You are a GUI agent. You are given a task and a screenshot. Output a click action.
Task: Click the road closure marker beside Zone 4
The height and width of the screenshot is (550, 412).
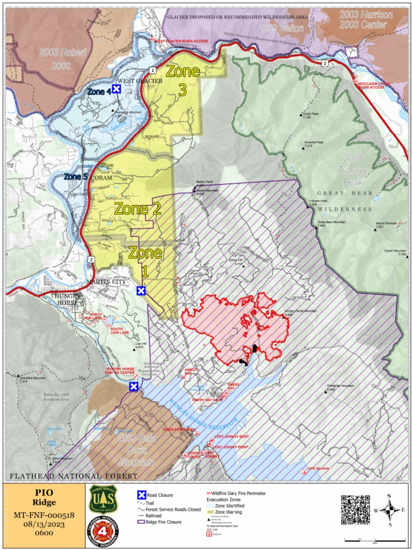116,90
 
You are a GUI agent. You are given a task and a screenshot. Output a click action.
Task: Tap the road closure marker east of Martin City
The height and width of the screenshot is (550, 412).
141,291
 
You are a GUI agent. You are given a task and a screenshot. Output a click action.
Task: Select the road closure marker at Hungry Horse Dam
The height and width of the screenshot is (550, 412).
134,386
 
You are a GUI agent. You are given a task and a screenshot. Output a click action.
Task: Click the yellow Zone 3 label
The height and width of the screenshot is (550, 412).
182,80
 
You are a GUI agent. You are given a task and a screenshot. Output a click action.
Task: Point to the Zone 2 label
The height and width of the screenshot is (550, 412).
138,209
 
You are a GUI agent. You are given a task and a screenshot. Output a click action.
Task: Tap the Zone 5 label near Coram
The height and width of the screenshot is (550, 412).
75,176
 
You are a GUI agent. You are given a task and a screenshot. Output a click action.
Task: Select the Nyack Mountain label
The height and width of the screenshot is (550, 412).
395,251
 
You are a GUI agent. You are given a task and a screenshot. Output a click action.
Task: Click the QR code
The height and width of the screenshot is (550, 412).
355,510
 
